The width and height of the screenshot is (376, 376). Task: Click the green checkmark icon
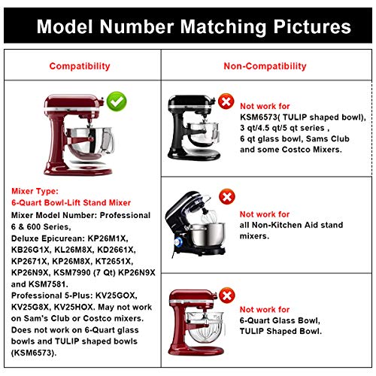[x=116, y=100]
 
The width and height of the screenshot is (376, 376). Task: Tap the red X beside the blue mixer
[x=225, y=200]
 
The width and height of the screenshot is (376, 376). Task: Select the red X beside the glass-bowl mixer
[x=225, y=295]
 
